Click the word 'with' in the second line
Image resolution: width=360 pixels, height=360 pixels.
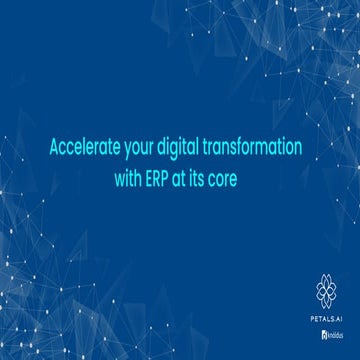coord(133,185)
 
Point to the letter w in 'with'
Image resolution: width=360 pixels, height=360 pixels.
coord(123,185)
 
